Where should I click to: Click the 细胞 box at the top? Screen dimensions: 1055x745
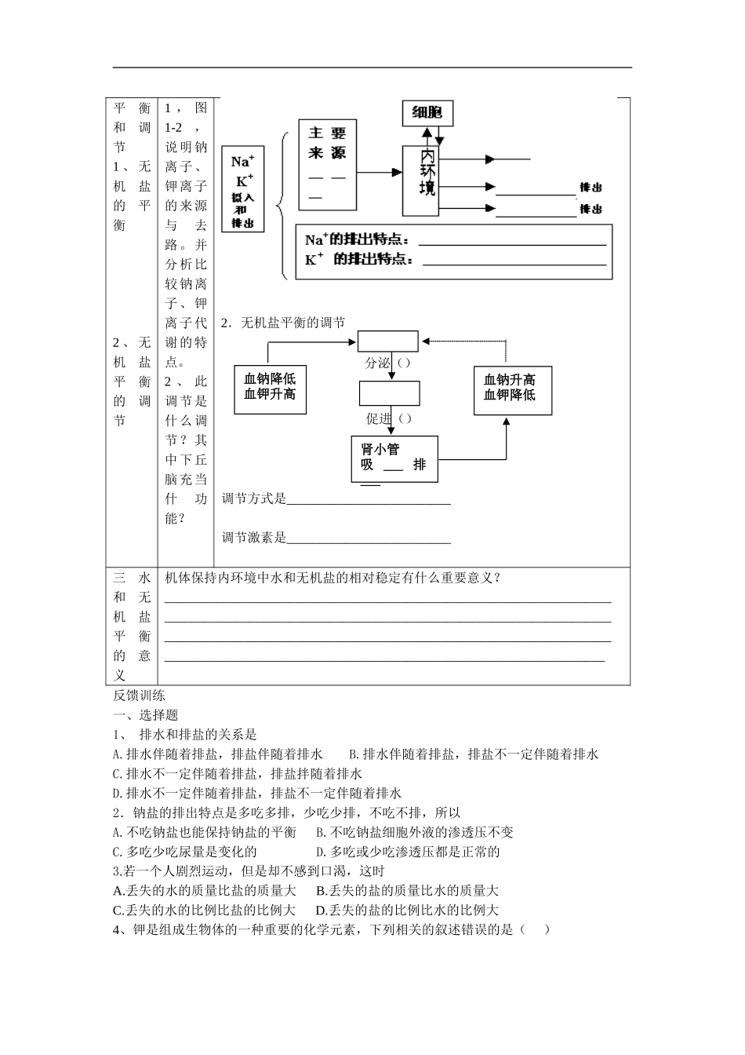(427, 113)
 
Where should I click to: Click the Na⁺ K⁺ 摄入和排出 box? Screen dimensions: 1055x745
(243, 189)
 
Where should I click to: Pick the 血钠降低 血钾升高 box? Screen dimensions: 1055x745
(270, 388)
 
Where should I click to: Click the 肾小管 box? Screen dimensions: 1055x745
(394, 458)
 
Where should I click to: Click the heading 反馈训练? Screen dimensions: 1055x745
(139, 695)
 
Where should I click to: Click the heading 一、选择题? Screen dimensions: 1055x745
(146, 715)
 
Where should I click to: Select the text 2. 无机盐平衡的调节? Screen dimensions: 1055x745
(283, 323)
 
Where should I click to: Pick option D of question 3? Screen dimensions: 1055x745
(407, 911)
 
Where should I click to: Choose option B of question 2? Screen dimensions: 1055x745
(415, 832)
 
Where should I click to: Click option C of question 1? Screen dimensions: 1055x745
(238, 774)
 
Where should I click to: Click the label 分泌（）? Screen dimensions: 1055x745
(387, 363)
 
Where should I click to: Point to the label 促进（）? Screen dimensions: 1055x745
(388, 418)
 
